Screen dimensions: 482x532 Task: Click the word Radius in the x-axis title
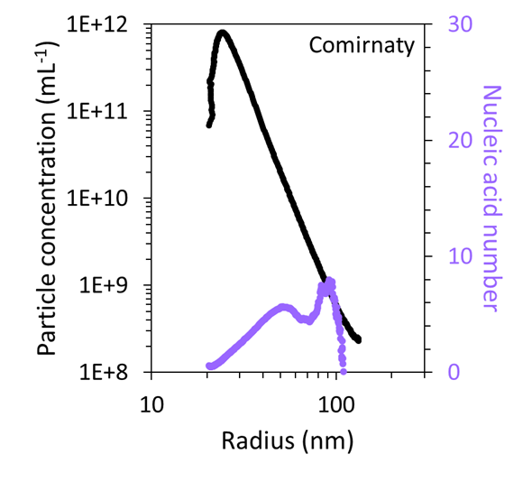pos(249,441)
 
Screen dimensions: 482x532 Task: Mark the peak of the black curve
pos(222,34)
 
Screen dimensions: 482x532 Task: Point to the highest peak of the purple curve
pos(329,282)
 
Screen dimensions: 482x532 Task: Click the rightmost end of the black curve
pos(359,340)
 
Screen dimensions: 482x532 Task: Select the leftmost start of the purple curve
pos(209,366)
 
